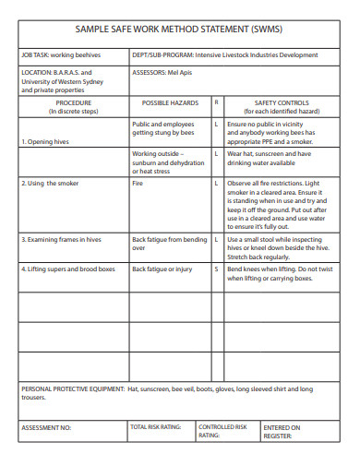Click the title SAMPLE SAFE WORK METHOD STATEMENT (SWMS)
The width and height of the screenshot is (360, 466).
pyautogui.click(x=179, y=30)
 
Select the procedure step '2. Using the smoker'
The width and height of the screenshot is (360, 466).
pyautogui.click(x=50, y=183)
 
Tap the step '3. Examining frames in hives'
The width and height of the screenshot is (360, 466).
pyautogui.click(x=62, y=240)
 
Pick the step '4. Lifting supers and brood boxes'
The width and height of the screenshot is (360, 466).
pyautogui.click(x=67, y=269)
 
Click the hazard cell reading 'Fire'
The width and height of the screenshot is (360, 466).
pyautogui.click(x=138, y=183)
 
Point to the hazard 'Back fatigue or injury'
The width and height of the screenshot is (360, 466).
pyautogui.click(x=162, y=269)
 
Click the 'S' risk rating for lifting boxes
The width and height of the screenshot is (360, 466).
pyautogui.click(x=216, y=269)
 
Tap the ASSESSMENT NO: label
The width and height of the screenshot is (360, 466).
pyautogui.click(x=46, y=428)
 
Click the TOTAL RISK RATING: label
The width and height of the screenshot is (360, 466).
pyautogui.click(x=156, y=427)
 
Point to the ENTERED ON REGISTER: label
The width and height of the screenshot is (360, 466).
pyautogui.click(x=282, y=432)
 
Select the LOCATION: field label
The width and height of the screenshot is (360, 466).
pyautogui.click(x=37, y=71)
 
